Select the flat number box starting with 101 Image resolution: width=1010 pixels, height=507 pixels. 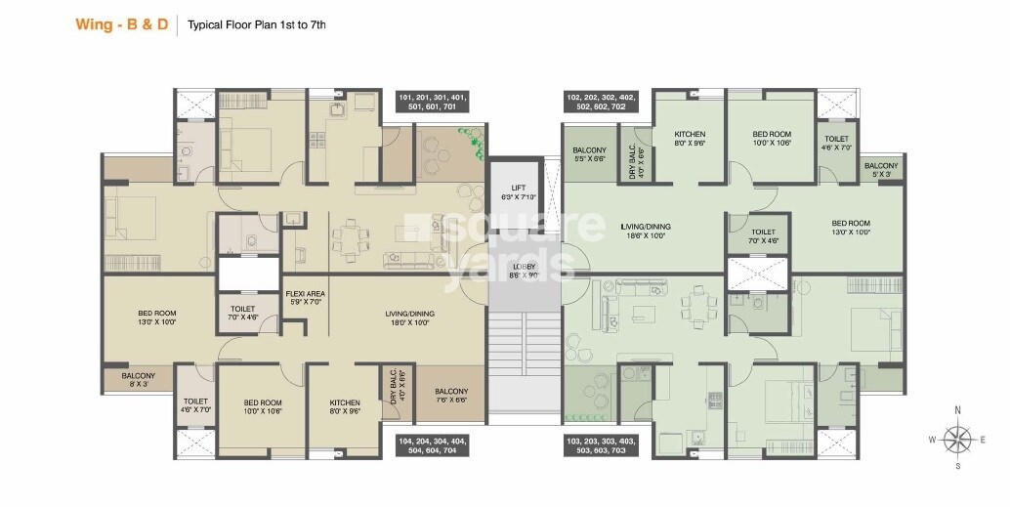tap(432, 103)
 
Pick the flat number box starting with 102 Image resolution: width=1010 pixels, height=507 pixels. tap(601, 103)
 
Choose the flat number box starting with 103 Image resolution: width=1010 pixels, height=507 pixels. tap(601, 445)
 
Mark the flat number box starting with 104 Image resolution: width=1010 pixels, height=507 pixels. tap(432, 445)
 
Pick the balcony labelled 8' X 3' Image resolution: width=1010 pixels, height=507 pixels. tap(138, 380)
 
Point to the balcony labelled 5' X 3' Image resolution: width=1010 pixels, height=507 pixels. tap(881, 171)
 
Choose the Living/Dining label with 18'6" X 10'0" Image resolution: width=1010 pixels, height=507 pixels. tap(645, 231)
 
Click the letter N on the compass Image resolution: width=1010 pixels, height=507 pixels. tap(958, 410)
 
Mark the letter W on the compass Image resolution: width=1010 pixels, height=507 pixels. tap(932, 441)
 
